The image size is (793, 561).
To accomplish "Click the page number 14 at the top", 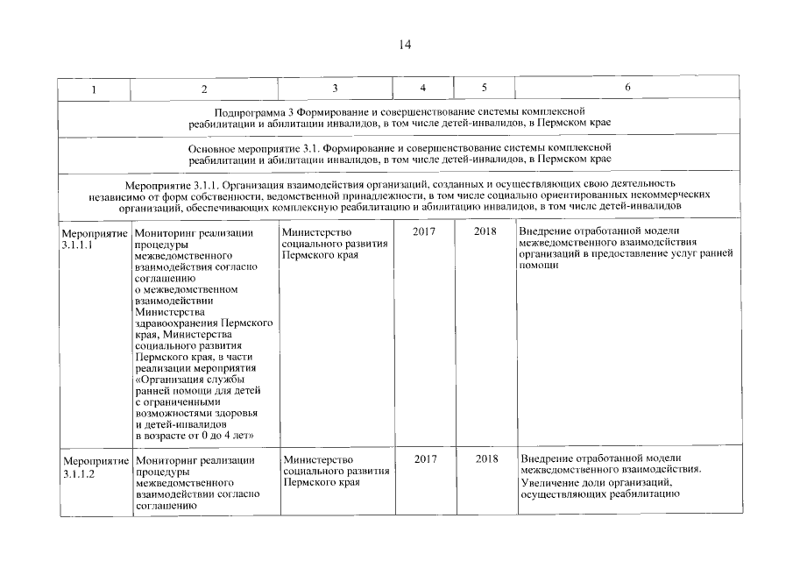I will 405,46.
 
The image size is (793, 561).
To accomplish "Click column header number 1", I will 94,89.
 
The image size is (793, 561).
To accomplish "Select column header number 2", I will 204,89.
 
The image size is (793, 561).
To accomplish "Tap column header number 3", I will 335,89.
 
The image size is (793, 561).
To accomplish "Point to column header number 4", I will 423,89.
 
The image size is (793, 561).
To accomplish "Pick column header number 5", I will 485,89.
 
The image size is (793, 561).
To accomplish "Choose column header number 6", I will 627,89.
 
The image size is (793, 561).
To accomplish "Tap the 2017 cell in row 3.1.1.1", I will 424,232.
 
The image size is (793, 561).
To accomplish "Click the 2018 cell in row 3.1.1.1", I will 485,232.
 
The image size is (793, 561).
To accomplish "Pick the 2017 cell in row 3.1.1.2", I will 424,459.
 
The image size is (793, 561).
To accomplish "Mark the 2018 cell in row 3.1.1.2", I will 485,459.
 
